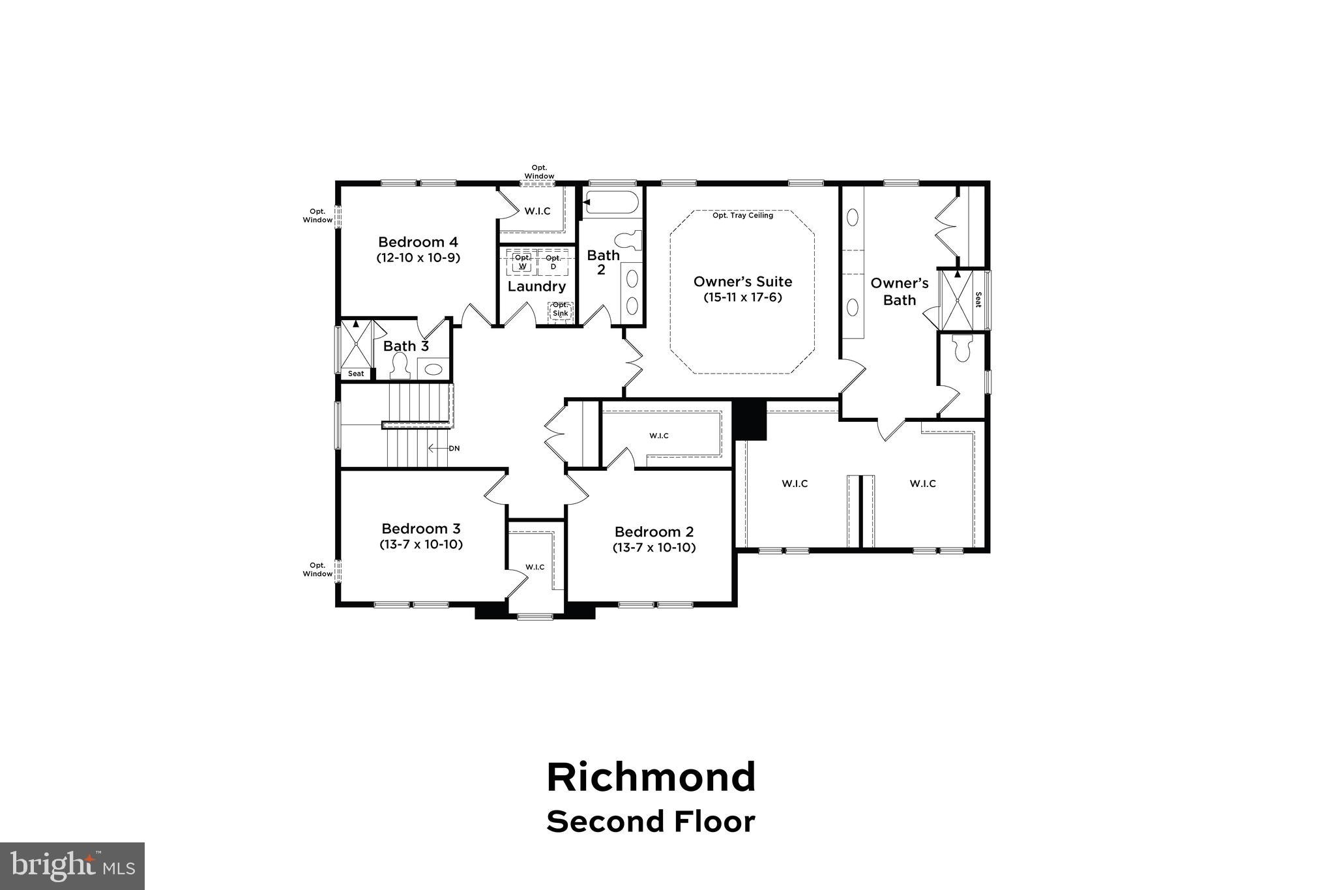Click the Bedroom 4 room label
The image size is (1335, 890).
coord(418,242)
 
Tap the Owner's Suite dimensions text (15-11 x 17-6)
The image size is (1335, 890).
coord(742,297)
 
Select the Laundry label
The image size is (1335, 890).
coord(536,286)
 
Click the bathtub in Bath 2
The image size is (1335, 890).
coord(611,202)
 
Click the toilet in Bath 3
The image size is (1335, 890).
coord(399,367)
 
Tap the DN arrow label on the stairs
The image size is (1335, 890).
coord(454,449)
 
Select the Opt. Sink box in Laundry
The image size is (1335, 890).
coord(560,310)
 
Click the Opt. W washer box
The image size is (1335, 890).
coord(522,262)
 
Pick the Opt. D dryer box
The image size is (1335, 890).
coord(553,262)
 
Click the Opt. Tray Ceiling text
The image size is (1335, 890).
coord(742,215)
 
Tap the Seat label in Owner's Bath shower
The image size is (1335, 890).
coord(978,300)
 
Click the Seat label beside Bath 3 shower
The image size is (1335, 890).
coord(356,374)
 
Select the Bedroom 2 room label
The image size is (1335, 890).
coord(654,531)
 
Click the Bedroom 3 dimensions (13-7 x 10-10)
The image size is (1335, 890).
coord(421,544)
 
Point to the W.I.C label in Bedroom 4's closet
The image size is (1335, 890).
coord(537,211)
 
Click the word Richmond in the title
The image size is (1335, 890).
coord(651,777)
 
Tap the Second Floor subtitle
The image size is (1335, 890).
coord(651,822)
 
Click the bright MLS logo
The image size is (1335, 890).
coord(72,866)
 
